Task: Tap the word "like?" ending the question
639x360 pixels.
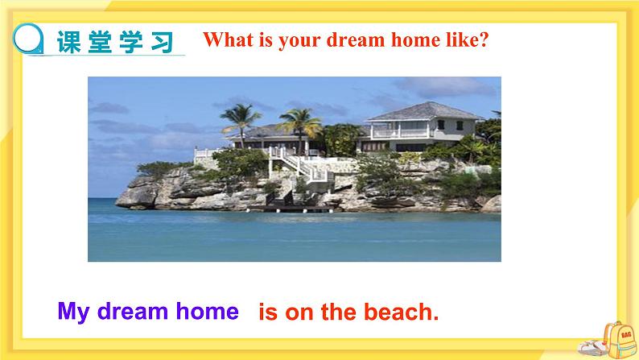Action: tap(465, 41)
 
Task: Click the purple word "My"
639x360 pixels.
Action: tap(72, 311)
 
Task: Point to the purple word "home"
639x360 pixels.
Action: tap(208, 311)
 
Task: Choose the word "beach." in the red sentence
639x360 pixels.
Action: tap(403, 312)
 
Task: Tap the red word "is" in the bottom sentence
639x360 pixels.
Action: tap(267, 312)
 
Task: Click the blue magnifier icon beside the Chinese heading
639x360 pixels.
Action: tap(30, 38)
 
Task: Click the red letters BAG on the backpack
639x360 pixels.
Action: tap(620, 329)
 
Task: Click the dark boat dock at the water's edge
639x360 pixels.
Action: tap(290, 209)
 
